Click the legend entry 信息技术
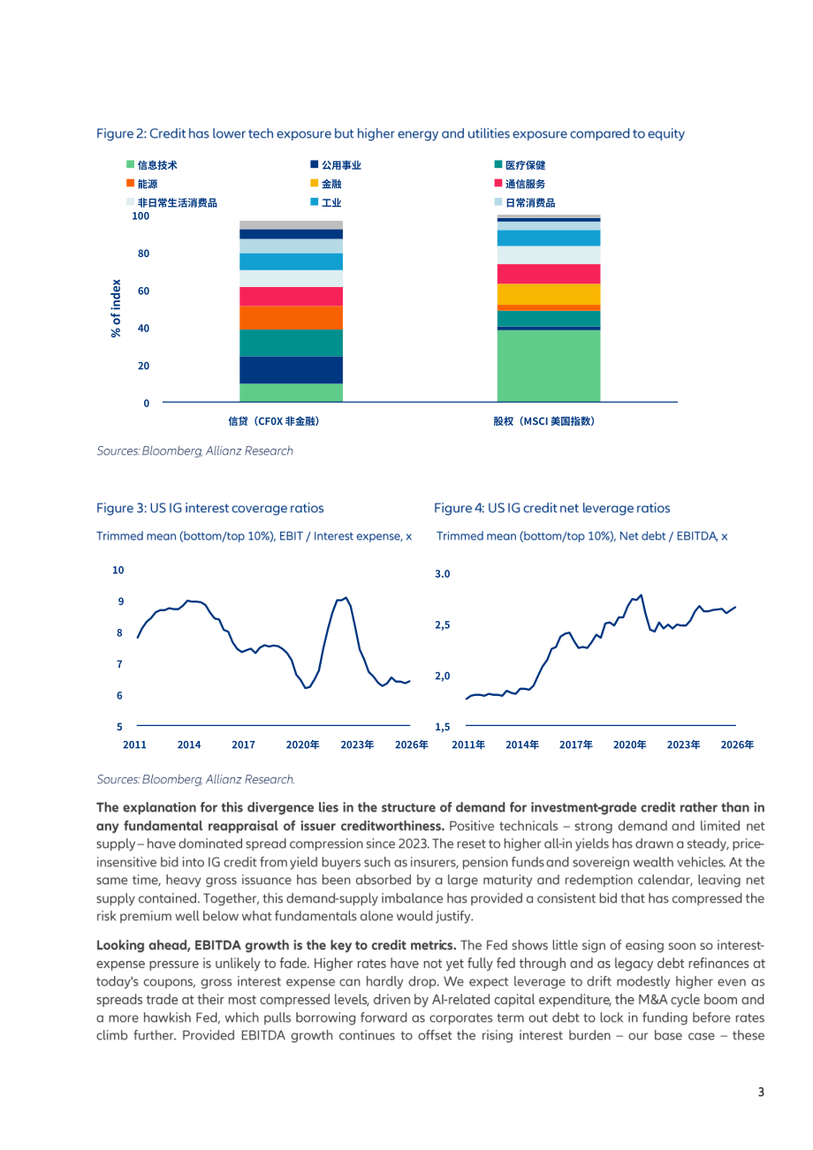(152, 165)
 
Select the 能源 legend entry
(142, 184)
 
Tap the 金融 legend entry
(326, 184)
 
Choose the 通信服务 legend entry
(520, 184)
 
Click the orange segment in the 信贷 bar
(291, 318)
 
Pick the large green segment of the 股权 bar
(549, 366)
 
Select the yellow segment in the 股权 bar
(549, 294)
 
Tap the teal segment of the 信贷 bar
(291, 343)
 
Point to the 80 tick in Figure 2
(143, 253)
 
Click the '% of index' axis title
(116, 308)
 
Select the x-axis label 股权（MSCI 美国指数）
(543, 421)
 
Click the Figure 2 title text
(391, 133)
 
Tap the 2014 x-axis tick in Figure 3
(189, 745)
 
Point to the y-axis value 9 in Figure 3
(121, 601)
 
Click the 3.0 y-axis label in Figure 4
(442, 574)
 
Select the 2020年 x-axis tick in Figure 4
(629, 745)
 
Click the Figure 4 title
(551, 508)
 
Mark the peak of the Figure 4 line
(641, 595)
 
